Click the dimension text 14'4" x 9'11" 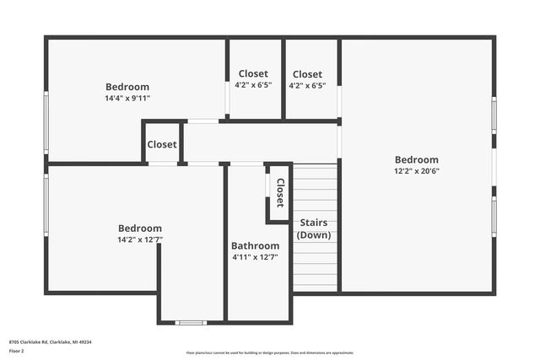[x=127, y=98]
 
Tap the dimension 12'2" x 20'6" [x=417, y=170]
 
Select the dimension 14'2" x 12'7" [x=140, y=239]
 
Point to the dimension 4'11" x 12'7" [x=255, y=257]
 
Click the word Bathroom [x=255, y=246]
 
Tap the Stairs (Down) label [x=315, y=228]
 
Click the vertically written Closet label [x=280, y=193]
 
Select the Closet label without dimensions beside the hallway [x=162, y=144]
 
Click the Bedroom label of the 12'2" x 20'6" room [x=417, y=159]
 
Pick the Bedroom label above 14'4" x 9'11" [x=127, y=87]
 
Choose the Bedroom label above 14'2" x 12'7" [x=140, y=228]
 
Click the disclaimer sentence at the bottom [x=269, y=353]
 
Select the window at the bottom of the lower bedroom [x=191, y=322]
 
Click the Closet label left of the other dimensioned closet [x=253, y=73]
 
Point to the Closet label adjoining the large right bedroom [x=307, y=74]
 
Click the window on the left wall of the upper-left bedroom [x=46, y=122]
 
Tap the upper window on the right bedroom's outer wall [x=494, y=123]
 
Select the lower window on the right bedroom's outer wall [x=494, y=215]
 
